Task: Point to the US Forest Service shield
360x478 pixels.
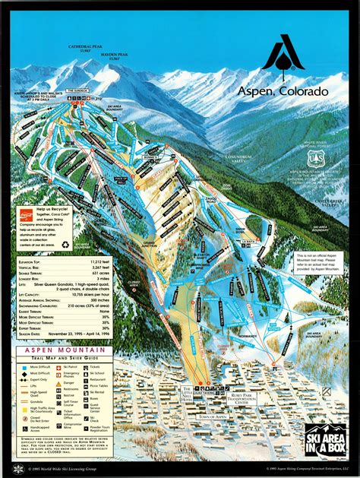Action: pos(315,158)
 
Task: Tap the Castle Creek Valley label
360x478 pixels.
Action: pos(327,203)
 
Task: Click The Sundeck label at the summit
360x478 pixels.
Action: pos(78,90)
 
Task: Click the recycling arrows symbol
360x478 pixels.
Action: pos(65,245)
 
